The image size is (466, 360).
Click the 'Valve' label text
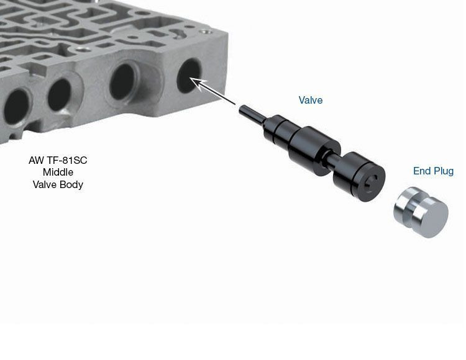coord(310,100)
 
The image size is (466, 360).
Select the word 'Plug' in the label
coord(444,171)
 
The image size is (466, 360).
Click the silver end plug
coord(421,212)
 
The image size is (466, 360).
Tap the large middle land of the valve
coord(314,150)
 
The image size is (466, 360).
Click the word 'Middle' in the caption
coord(58,172)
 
